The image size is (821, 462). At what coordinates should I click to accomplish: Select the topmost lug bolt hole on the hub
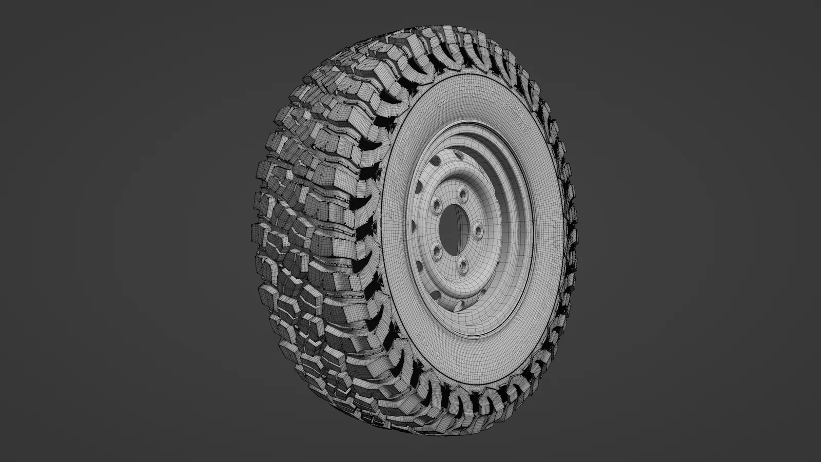click(x=462, y=194)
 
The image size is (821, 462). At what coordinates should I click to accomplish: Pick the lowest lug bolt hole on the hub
click(x=463, y=265)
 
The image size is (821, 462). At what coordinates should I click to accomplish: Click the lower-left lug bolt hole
click(x=437, y=251)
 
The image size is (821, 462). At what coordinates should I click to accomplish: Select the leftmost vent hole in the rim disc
click(x=411, y=224)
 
